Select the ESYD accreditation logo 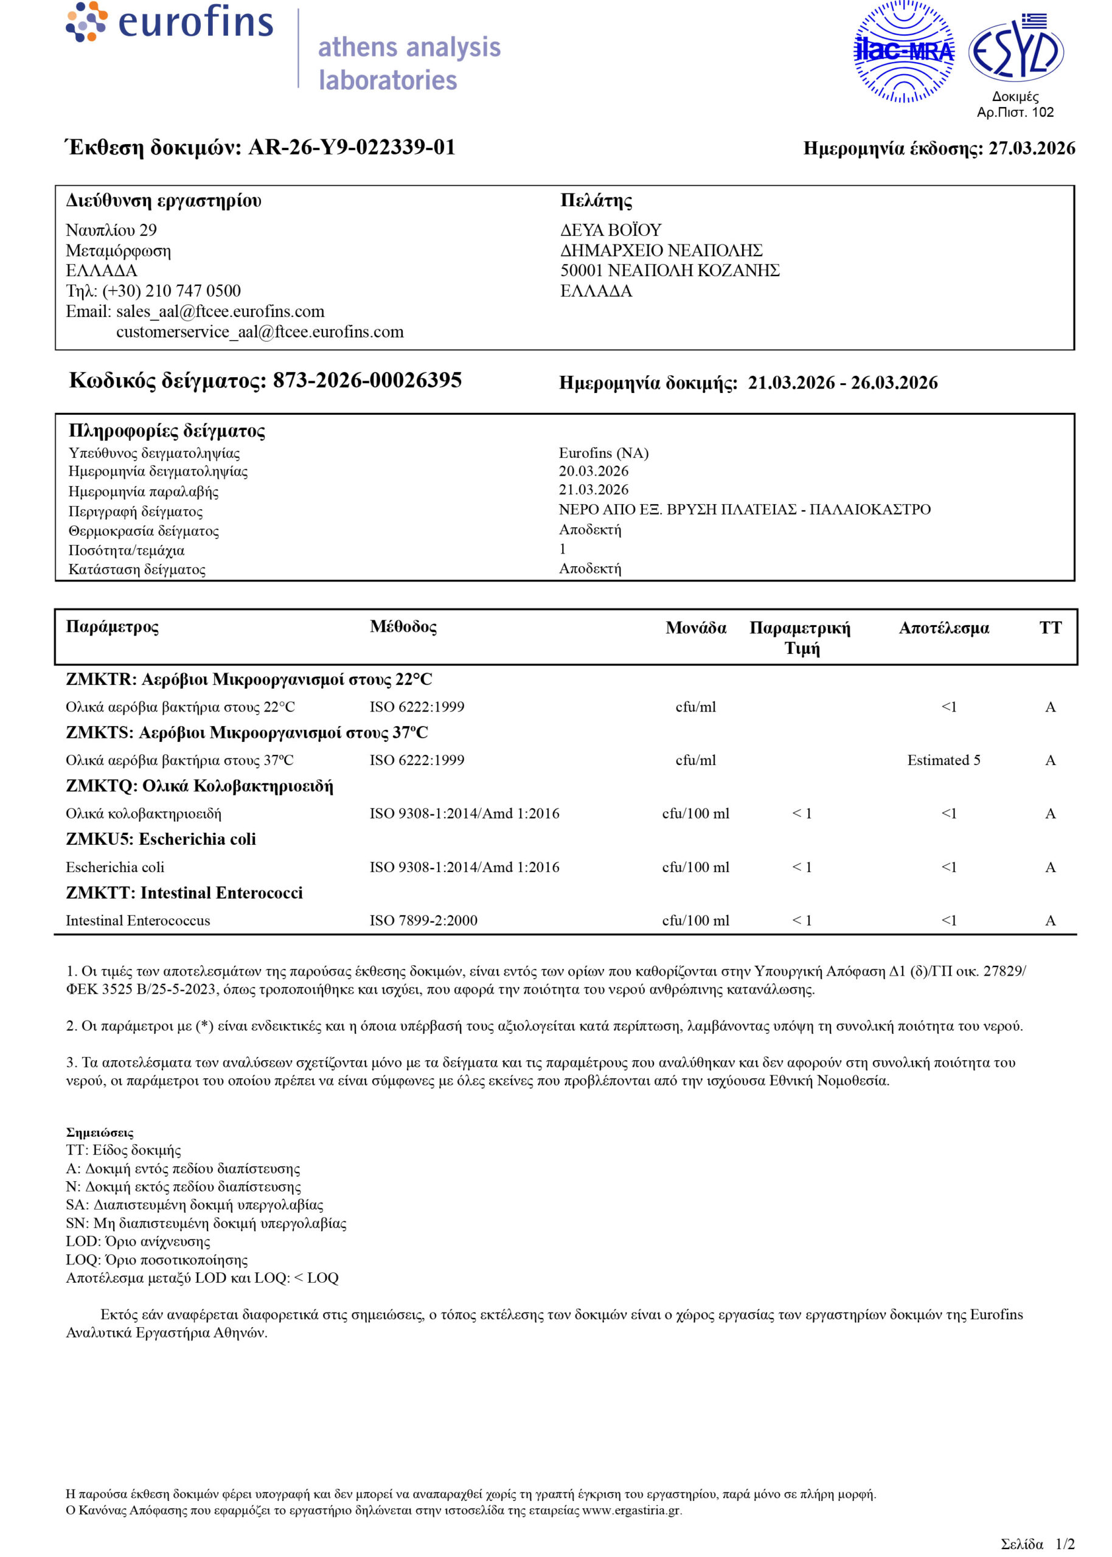1015,50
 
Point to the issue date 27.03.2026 1031,148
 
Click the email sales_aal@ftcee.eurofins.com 220,311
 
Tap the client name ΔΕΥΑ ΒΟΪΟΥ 611,230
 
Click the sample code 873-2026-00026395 367,381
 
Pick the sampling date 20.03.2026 593,471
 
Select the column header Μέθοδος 403,627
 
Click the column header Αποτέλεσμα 943,628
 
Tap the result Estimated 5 943,760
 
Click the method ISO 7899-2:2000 423,920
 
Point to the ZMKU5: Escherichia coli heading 161,840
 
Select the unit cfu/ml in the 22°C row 696,707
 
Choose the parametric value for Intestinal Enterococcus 802,920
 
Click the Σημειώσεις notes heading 100,1132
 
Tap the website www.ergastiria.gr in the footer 631,1510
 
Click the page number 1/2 1065,1544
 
